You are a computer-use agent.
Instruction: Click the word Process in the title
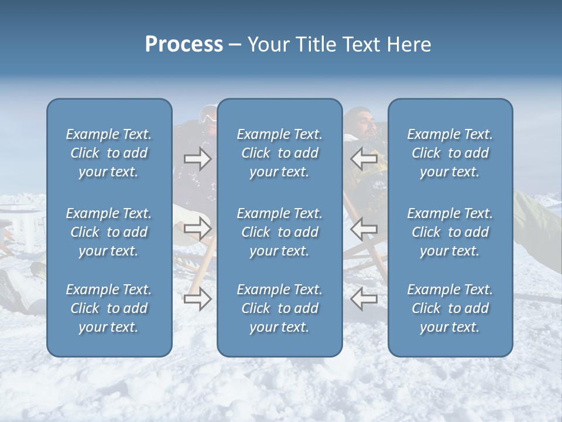point(184,45)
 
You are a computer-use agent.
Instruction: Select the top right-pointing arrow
point(197,159)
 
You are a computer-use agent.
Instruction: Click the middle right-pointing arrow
point(197,228)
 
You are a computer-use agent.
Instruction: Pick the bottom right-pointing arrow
point(197,300)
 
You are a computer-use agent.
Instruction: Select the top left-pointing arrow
point(364,159)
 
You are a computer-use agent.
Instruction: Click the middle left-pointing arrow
point(364,228)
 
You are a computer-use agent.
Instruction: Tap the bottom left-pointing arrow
point(364,299)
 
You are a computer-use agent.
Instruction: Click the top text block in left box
point(109,153)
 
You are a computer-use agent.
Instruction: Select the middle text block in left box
point(109,232)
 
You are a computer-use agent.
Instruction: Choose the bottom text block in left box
point(109,308)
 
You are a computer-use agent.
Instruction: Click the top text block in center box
point(279,153)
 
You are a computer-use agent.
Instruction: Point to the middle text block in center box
point(279,232)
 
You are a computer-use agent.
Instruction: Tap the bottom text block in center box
point(279,308)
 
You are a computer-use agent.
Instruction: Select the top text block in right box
point(450,153)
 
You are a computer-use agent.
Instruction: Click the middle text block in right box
point(450,232)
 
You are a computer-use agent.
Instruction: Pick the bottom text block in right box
point(450,308)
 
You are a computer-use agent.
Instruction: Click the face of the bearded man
point(367,122)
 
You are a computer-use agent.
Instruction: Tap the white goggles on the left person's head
point(208,117)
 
